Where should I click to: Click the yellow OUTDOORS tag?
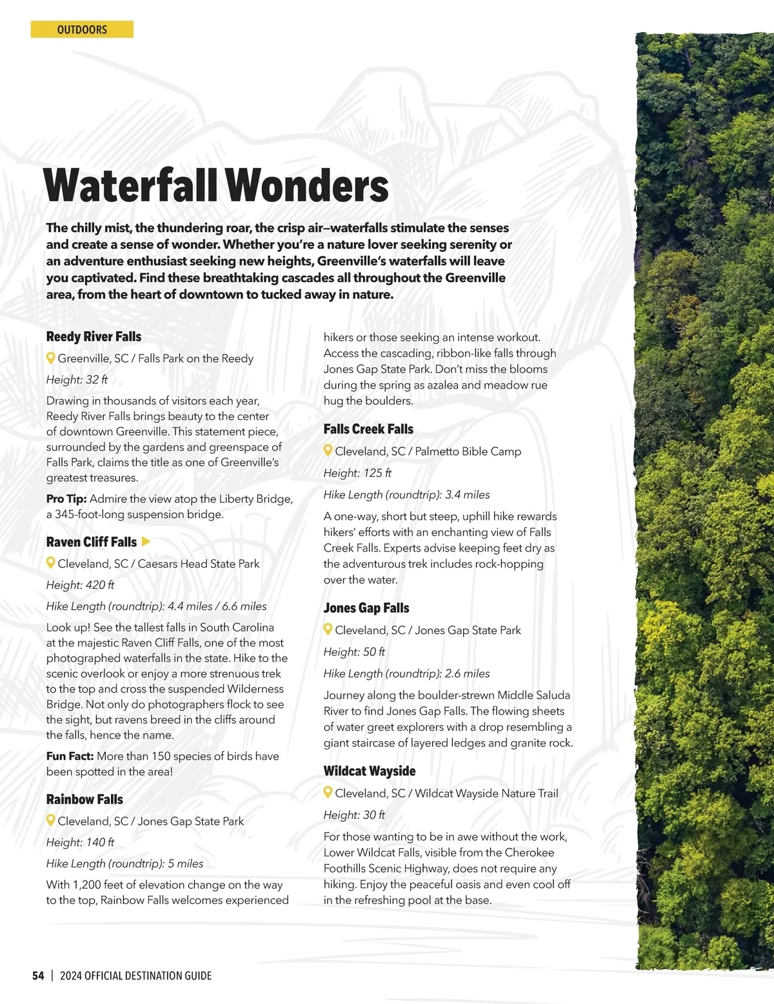(x=82, y=30)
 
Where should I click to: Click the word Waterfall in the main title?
(x=130, y=186)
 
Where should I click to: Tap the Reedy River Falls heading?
(x=94, y=336)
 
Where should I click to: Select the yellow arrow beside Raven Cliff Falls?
(x=146, y=541)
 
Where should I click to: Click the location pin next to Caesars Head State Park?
(x=51, y=563)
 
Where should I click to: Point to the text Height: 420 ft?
(x=80, y=585)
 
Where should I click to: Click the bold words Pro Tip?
(x=66, y=499)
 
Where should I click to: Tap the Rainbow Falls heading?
(x=84, y=799)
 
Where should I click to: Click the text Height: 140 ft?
(x=80, y=842)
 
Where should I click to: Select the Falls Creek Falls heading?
(x=368, y=429)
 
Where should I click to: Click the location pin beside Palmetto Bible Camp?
(x=328, y=451)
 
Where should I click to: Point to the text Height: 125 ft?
(x=357, y=473)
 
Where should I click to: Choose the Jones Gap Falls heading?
(x=366, y=608)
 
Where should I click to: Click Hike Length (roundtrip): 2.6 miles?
(x=406, y=673)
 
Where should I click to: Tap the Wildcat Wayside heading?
(x=370, y=771)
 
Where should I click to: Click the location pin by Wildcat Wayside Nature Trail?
(x=328, y=793)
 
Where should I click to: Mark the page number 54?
(x=38, y=976)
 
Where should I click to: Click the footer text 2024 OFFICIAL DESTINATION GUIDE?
(x=135, y=976)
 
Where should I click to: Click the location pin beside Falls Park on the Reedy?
(x=51, y=358)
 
